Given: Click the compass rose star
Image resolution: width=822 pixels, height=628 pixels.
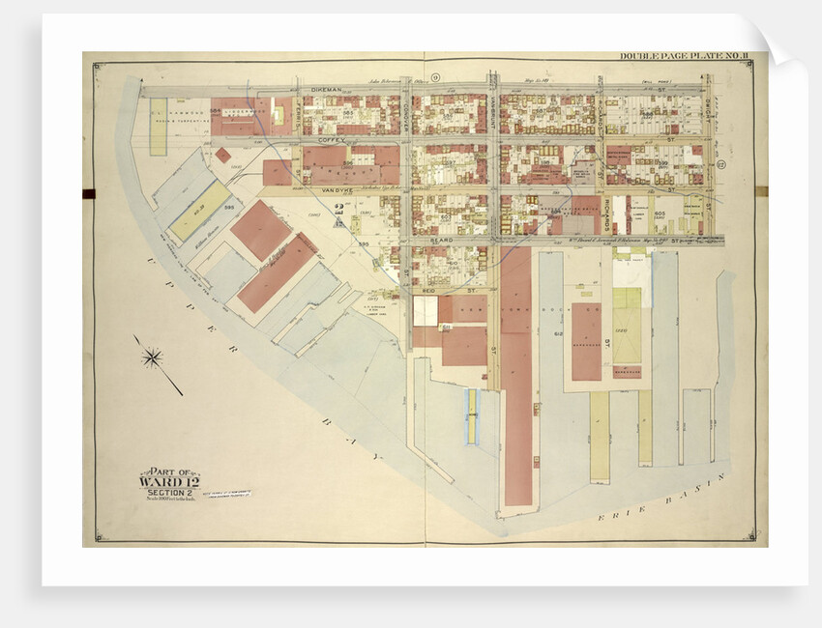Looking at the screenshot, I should (x=152, y=358).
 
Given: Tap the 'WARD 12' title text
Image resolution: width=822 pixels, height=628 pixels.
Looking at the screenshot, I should (x=168, y=481).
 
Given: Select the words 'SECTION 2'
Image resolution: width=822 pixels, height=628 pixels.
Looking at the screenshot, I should (x=168, y=492).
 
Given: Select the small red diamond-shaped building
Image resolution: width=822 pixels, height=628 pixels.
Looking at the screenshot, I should (x=223, y=155).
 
